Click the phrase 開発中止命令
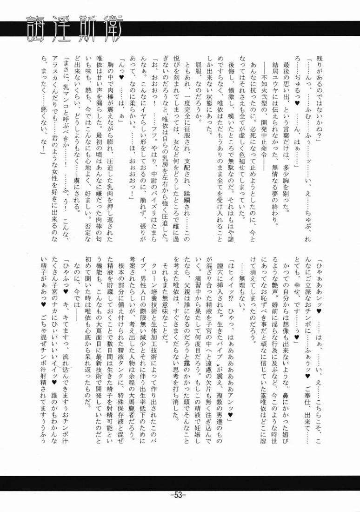[263, 137]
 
